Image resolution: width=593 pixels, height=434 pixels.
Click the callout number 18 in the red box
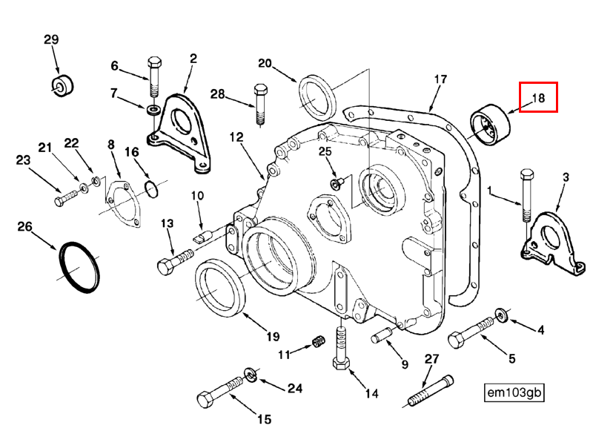[x=537, y=97]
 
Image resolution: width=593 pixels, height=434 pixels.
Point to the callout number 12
[x=236, y=137]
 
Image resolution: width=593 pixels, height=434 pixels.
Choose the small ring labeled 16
[x=150, y=189]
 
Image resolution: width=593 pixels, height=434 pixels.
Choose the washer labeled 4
[x=502, y=317]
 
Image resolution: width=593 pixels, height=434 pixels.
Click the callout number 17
[x=440, y=79]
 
